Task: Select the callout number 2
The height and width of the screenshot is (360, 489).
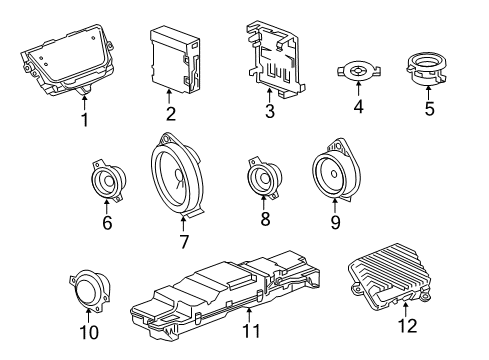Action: [x=171, y=114]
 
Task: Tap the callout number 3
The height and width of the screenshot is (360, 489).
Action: [x=269, y=113]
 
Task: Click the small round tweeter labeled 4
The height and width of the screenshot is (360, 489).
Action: [x=357, y=71]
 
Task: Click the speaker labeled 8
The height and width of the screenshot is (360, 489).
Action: [x=265, y=183]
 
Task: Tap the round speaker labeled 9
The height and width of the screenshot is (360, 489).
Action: [x=335, y=172]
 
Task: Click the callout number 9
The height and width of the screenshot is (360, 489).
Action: [x=335, y=220]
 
